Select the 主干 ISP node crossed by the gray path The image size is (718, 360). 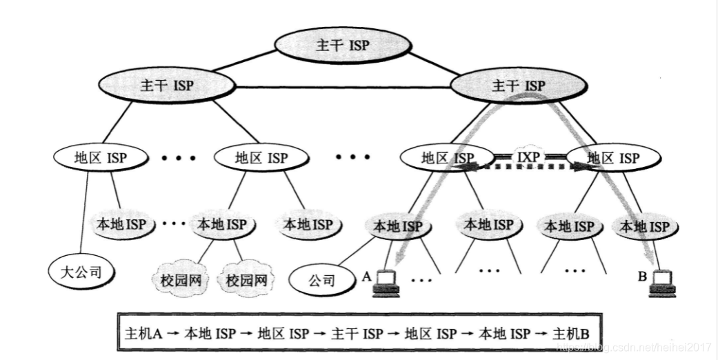point(519,86)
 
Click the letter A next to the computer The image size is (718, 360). point(367,277)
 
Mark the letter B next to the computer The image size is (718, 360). point(642,278)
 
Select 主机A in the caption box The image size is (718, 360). point(143,334)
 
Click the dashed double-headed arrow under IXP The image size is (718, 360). point(528,167)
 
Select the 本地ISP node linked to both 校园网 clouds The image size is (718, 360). point(222,224)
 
